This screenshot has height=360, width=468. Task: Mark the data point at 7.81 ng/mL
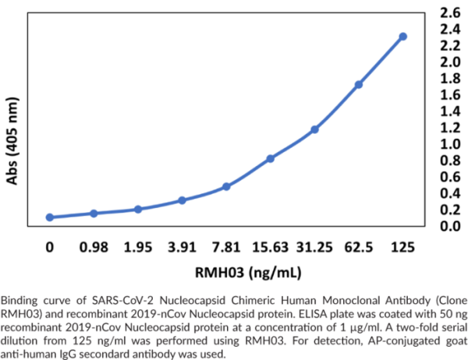click(226, 186)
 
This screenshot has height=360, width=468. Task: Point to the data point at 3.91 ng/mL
click(182, 200)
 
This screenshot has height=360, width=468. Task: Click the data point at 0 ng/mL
click(50, 217)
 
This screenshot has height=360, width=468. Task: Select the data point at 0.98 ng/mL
click(94, 213)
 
